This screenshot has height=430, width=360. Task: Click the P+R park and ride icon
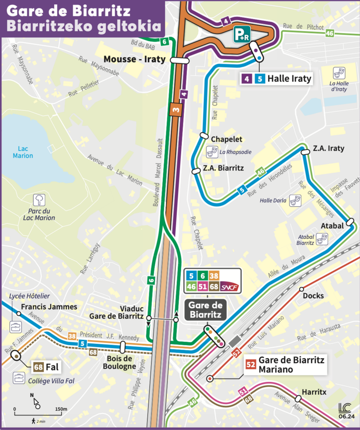(x=242, y=34)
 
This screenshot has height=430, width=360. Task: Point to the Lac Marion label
(x=23, y=152)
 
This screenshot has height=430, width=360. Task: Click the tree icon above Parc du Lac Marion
(x=39, y=200)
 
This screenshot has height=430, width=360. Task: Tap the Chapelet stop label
(x=227, y=139)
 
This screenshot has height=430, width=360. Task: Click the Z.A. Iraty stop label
(x=328, y=148)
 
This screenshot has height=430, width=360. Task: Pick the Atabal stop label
(x=332, y=225)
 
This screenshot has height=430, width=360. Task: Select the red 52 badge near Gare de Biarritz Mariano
(x=251, y=364)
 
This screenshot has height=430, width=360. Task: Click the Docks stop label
(x=313, y=296)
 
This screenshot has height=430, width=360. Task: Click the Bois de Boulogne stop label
(x=120, y=362)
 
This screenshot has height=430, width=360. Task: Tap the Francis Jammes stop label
(x=49, y=307)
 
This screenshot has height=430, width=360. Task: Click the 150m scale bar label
(x=61, y=409)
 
